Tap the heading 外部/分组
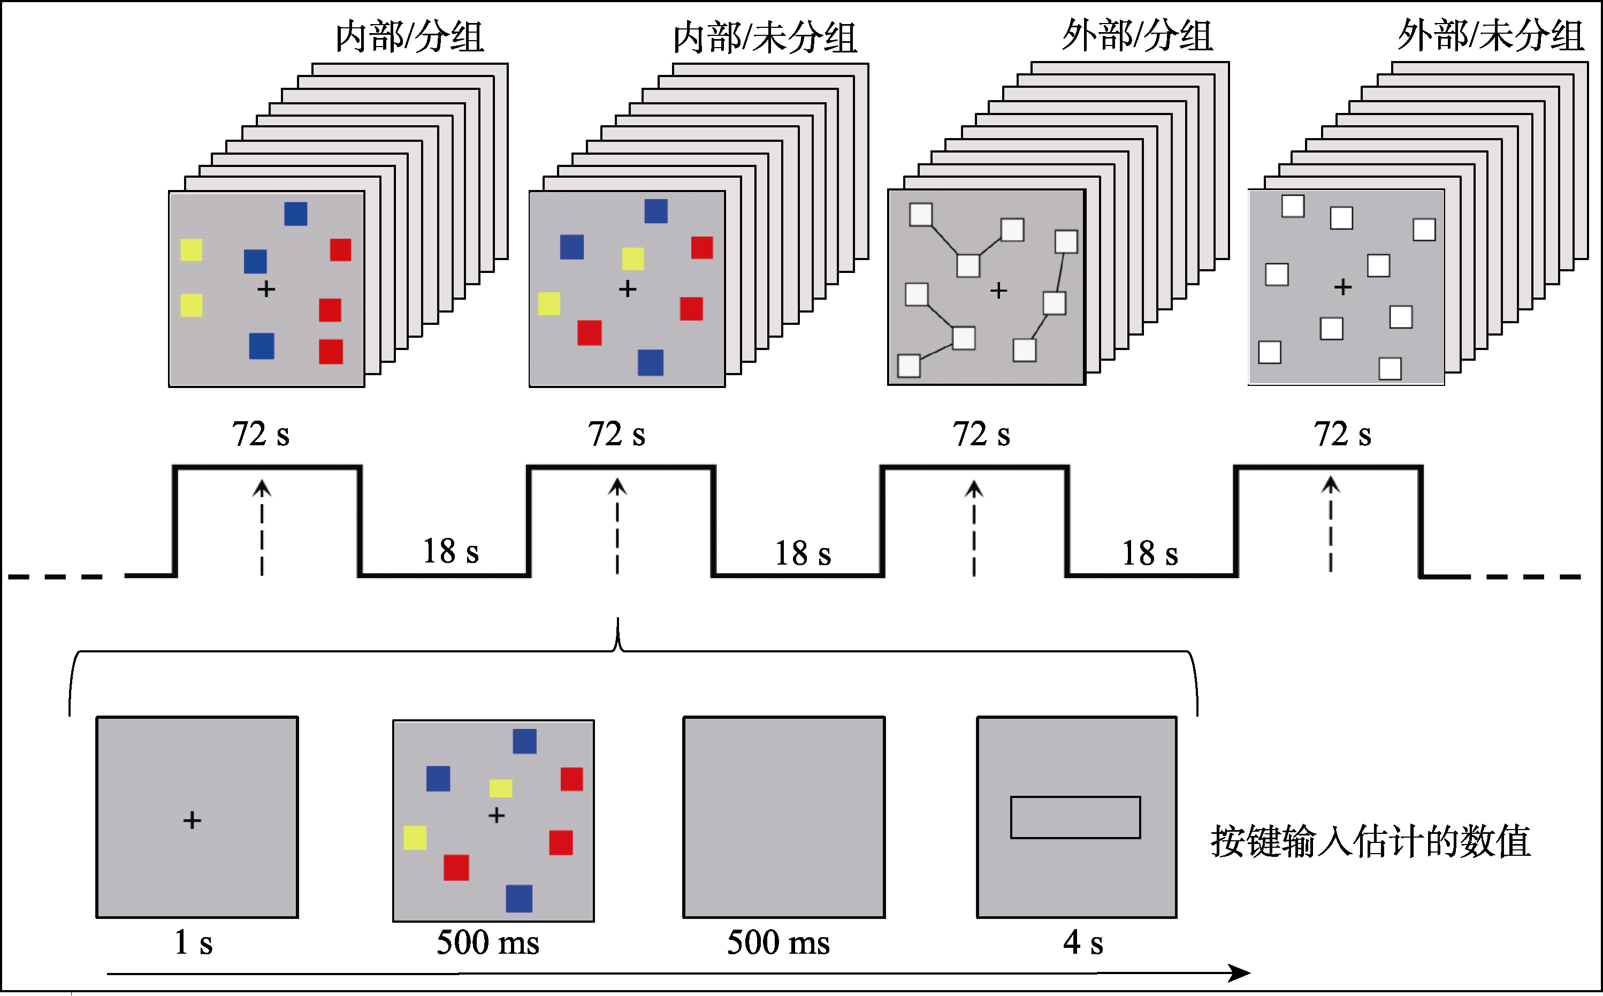[x=1137, y=35]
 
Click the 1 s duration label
[x=193, y=942]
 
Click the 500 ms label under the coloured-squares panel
[x=487, y=942]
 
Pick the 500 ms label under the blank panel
[x=778, y=942]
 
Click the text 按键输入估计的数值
[x=1370, y=842]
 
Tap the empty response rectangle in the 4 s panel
[x=1075, y=817]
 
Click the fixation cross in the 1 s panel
[x=192, y=820]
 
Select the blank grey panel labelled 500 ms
[x=784, y=817]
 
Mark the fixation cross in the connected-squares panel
[x=998, y=291]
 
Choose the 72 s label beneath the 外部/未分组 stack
[x=1342, y=435]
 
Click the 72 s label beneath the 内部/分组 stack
[x=260, y=435]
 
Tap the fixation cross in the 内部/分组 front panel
[x=266, y=289]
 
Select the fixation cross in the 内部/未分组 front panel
[x=627, y=288]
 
